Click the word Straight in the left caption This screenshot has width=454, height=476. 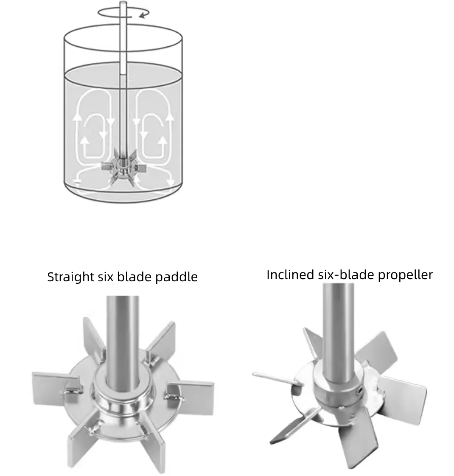tap(70, 277)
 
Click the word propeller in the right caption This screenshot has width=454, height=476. tap(405, 275)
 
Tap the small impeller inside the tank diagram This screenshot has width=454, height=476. tap(123, 169)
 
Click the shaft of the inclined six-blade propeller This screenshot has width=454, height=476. tap(338, 322)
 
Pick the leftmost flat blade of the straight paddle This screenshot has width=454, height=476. tap(51, 383)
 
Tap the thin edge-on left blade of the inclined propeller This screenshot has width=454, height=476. tap(276, 377)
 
